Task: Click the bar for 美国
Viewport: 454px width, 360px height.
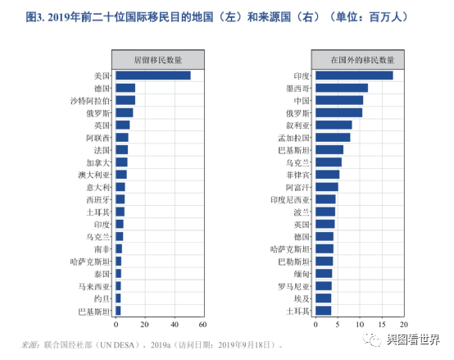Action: (x=152, y=75)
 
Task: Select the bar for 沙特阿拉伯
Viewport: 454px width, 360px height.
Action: (x=125, y=100)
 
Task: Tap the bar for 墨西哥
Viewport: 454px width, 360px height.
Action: (x=341, y=88)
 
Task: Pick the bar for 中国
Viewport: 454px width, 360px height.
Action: (x=338, y=100)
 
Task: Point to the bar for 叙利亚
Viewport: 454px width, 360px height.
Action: (x=334, y=125)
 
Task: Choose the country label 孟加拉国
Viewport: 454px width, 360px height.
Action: (x=294, y=138)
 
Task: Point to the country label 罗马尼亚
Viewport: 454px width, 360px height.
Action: (x=294, y=286)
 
